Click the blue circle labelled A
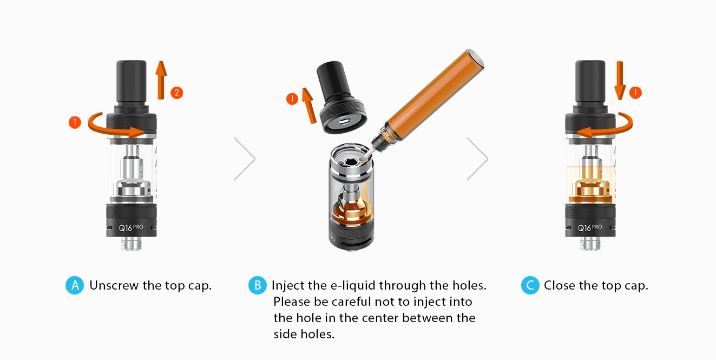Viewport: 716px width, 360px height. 75,285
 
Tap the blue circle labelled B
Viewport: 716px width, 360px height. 257,285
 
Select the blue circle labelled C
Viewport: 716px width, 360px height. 530,285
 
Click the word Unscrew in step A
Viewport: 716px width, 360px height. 114,285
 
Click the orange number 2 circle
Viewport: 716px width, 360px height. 177,93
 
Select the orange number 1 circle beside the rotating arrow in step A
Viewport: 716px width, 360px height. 75,122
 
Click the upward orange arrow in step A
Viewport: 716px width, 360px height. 161,80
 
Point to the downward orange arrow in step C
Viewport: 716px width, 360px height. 620,80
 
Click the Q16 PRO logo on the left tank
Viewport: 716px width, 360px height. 131,227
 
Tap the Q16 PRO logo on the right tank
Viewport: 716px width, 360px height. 590,227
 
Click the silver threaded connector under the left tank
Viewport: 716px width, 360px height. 132,243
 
